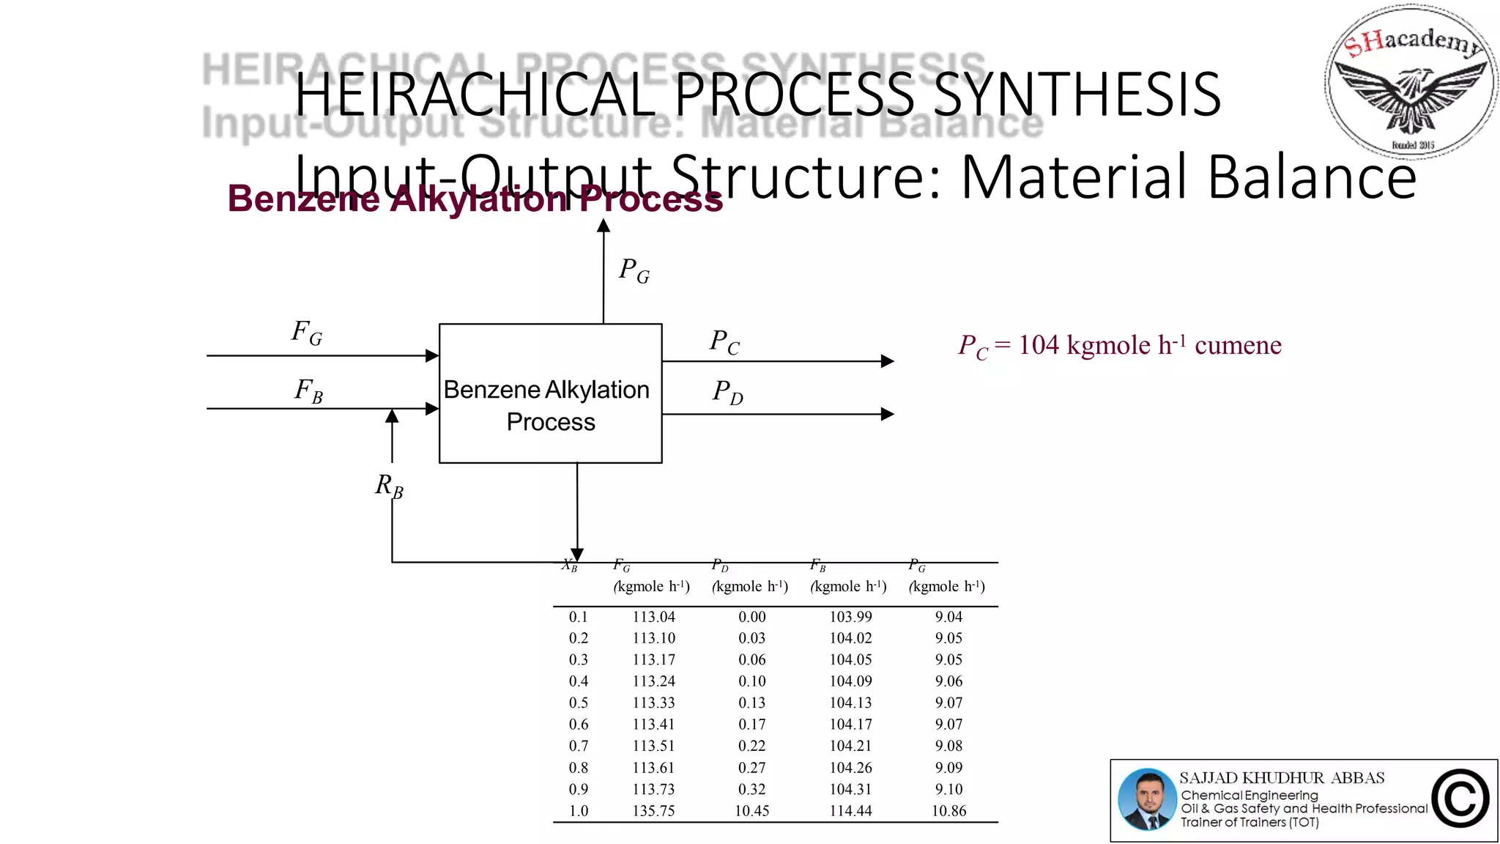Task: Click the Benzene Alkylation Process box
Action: click(550, 393)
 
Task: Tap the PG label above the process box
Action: click(634, 270)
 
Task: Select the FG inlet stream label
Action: click(307, 333)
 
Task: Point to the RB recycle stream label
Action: click(389, 486)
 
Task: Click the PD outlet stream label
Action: click(727, 393)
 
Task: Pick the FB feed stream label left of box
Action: click(308, 390)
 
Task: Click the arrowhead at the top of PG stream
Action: click(604, 226)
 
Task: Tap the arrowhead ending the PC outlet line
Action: click(887, 361)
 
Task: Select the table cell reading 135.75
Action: click(653, 811)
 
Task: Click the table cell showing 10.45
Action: click(751, 811)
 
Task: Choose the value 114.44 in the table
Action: click(850, 811)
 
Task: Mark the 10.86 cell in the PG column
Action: click(948, 811)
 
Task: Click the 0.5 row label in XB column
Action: click(579, 703)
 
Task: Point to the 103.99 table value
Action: click(850, 617)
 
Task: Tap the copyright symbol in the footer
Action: click(1460, 799)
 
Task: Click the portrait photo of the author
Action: click(1148, 800)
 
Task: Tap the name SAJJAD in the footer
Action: click(1208, 778)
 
